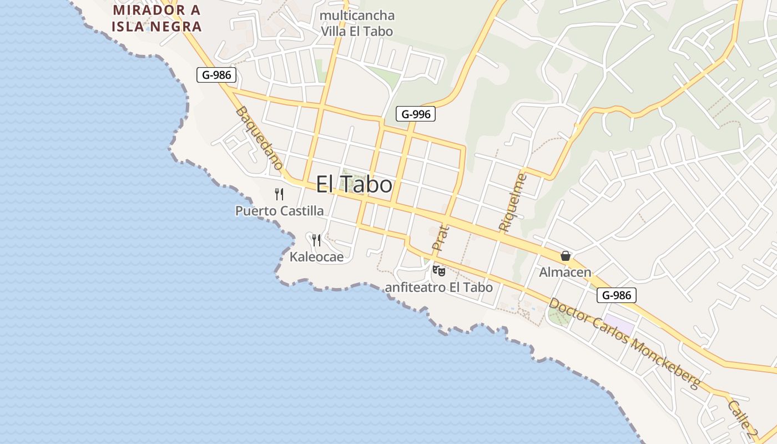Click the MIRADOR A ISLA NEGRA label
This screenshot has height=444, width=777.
click(157, 18)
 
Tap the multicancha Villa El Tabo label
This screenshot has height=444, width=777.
click(357, 23)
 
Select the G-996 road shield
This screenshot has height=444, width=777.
click(415, 114)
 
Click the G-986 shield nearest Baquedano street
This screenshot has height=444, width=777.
click(216, 75)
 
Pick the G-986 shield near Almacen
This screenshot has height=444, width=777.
click(617, 295)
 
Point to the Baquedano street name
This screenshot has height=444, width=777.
click(260, 138)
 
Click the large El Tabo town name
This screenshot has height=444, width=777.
click(354, 184)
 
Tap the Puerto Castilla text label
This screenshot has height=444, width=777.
click(279, 211)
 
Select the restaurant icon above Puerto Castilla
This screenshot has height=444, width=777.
click(279, 194)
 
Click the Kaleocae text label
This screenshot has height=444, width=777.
click(316, 256)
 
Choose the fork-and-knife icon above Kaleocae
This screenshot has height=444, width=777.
click(316, 240)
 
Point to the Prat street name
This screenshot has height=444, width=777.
click(440, 237)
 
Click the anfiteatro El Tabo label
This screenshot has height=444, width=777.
click(438, 287)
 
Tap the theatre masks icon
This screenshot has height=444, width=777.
click(439, 271)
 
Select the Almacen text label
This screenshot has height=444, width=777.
click(565, 273)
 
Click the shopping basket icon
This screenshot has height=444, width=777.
click(566, 256)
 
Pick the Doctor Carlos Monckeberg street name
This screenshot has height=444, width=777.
click(624, 344)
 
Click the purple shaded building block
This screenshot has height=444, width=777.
click(619, 324)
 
